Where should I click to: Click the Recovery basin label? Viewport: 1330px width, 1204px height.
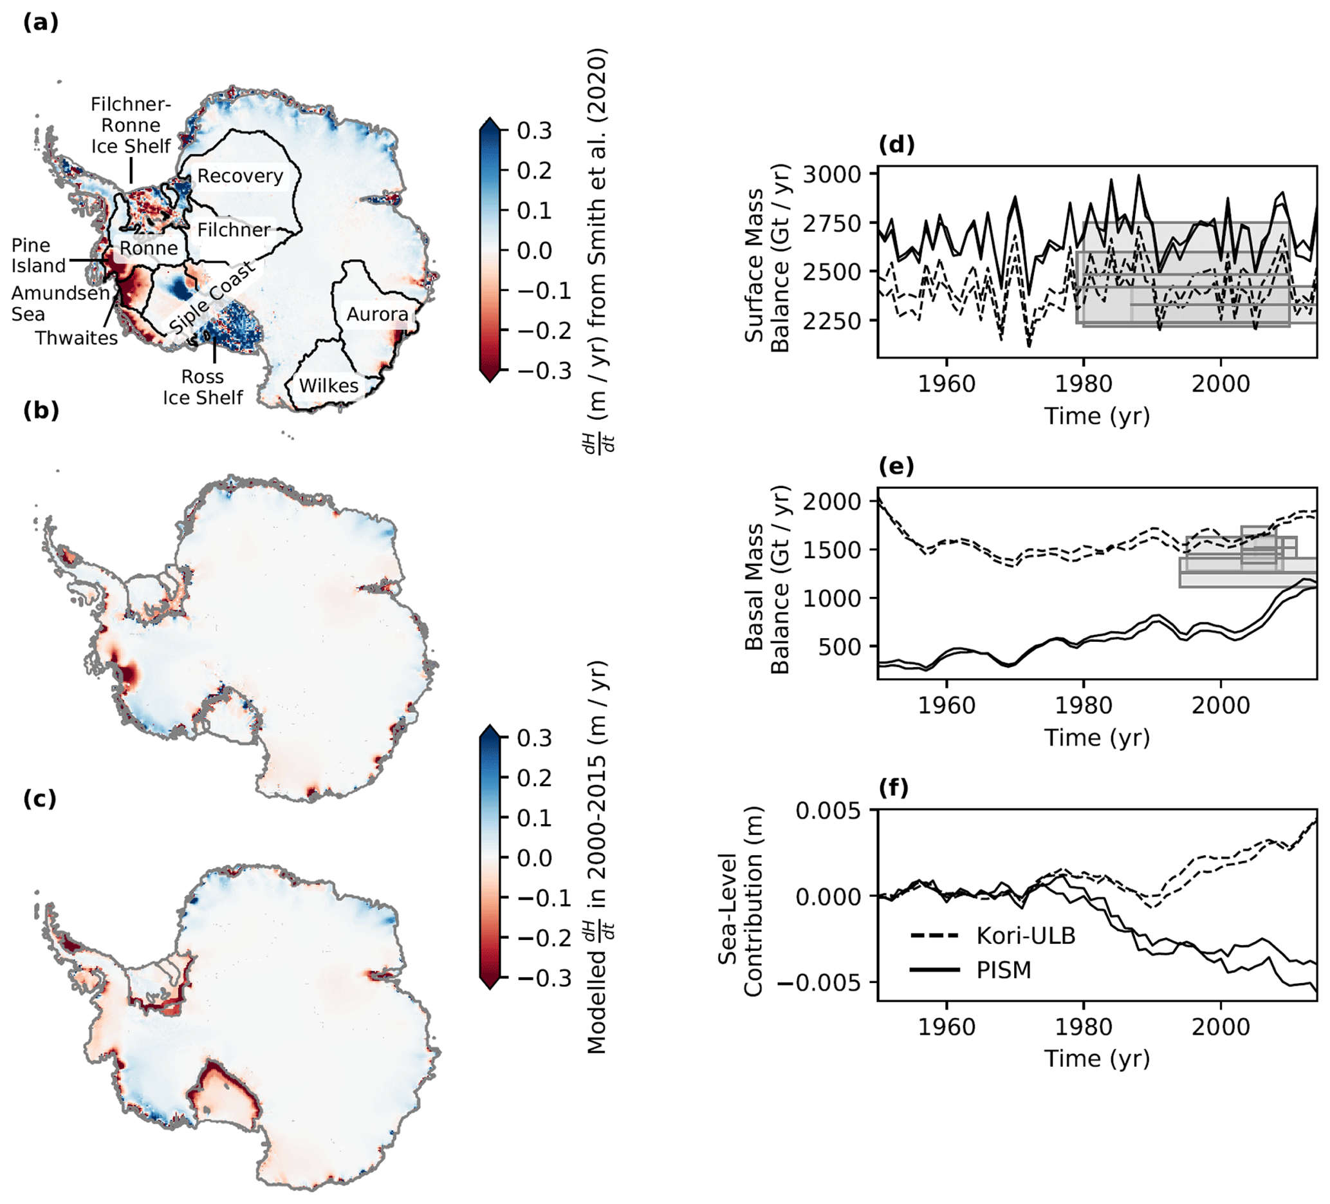(240, 176)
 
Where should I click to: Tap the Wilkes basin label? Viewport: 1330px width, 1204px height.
(329, 386)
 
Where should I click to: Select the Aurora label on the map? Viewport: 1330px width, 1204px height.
(377, 314)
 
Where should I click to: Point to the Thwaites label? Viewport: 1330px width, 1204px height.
(77, 338)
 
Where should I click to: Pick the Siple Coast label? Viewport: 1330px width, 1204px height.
(212, 297)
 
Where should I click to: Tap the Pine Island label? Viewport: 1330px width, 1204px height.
(38, 256)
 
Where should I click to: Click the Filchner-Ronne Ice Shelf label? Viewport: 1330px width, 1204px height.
(131, 125)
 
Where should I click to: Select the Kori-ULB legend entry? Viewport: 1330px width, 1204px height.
(1026, 936)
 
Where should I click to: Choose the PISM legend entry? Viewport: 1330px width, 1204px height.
(1003, 970)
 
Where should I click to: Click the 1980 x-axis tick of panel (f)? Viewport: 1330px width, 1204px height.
(1084, 1026)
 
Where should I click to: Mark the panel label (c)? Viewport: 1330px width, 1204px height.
(41, 799)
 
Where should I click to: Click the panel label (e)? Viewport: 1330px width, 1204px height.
(896, 466)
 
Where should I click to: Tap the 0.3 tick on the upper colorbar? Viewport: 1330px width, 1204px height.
(534, 131)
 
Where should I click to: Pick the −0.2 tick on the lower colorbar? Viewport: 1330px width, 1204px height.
(544, 938)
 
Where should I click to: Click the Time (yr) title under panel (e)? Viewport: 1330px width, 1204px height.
(1096, 737)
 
